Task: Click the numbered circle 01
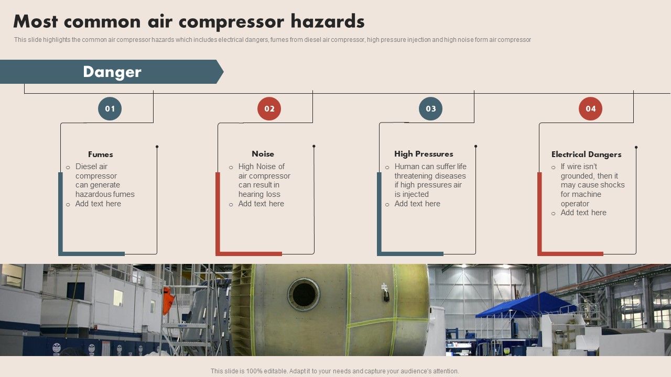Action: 110,109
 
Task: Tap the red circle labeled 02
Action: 269,109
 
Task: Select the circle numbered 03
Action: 430,109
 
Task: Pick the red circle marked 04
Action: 590,109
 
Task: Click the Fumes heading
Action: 100,154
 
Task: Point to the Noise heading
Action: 263,154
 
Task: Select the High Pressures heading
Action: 424,154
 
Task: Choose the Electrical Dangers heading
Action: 586,154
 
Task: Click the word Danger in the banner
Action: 112,72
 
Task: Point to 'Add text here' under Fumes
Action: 98,204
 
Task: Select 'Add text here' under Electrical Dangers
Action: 583,213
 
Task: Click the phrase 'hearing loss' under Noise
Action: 259,194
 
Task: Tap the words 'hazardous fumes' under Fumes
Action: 105,194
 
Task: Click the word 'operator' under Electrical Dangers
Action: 575,204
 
